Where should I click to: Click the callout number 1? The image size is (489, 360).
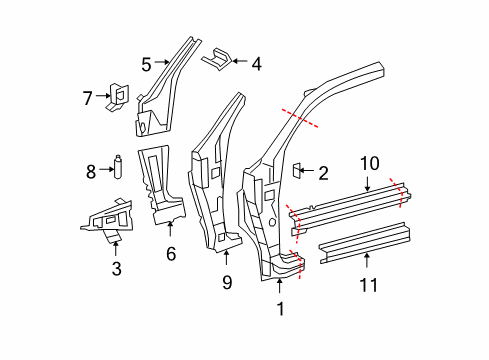coord(281,309)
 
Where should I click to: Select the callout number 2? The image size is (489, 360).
coord(323,173)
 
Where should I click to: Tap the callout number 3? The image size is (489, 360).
coord(117,269)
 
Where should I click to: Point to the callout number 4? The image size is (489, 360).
coord(256,64)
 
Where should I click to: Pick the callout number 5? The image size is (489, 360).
coord(146,64)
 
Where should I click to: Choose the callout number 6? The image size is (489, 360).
coord(171,254)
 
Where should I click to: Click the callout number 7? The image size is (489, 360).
coord(87,98)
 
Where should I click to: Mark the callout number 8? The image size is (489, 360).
coord(91,172)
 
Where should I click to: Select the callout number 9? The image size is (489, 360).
coord(227,282)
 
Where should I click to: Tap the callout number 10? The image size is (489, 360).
coord(369,163)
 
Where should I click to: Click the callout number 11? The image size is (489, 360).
coord(368,285)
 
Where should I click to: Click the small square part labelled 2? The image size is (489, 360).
coord(297,170)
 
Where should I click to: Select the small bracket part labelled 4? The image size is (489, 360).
coord(216,59)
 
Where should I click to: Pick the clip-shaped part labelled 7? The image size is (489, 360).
coord(117,97)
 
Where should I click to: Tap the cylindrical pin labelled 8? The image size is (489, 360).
coord(118,167)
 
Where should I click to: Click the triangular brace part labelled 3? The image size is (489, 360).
coord(107,220)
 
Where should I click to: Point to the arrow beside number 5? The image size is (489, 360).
coord(163,62)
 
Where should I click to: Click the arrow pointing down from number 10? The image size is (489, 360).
coord(367,184)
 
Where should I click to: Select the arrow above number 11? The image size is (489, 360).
coord(367,260)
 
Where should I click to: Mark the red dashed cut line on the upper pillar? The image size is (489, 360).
coord(300,118)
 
